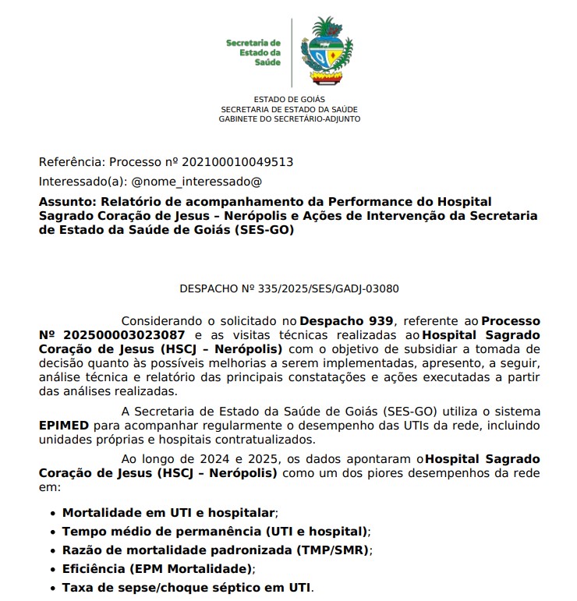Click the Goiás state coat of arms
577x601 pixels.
pyautogui.click(x=326, y=52)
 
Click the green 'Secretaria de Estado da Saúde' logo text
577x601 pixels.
pyautogui.click(x=254, y=51)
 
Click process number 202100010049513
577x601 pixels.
pyautogui.click(x=237, y=162)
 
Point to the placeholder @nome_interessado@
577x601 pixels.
pyautogui.click(x=196, y=182)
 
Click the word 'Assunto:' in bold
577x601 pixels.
pyautogui.click(x=65, y=201)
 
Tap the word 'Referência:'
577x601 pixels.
pyautogui.click(x=71, y=162)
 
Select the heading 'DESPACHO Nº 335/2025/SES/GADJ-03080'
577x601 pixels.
pyautogui.click(x=289, y=288)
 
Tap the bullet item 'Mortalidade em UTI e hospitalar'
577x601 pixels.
pyautogui.click(x=169, y=513)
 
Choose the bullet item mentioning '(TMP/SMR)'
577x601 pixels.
pyautogui.click(x=217, y=550)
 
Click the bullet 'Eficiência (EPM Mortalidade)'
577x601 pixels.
pyautogui.click(x=158, y=569)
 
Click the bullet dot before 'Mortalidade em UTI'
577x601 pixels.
pyautogui.click(x=52, y=514)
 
